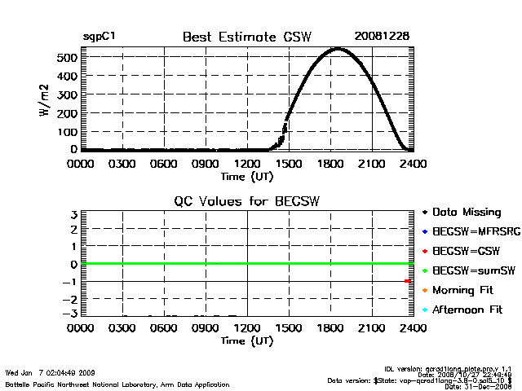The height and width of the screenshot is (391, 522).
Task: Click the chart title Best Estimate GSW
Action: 248,37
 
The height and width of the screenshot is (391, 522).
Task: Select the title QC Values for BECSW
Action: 248,201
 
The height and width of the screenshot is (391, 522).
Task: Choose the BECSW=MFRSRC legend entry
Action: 471,231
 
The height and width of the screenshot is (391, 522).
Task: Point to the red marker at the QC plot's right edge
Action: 408,281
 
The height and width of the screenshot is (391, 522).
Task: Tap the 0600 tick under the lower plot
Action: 164,328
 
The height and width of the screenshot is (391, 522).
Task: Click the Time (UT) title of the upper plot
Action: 247,175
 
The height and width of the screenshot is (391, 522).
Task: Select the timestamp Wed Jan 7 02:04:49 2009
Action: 51,372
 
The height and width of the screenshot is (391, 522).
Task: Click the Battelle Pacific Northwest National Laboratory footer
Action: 117,384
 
